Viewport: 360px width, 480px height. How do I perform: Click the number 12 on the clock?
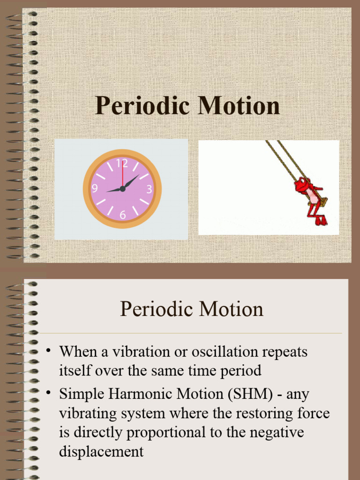pyautogui.click(x=122, y=164)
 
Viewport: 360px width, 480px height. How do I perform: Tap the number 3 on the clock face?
pyautogui.click(x=149, y=189)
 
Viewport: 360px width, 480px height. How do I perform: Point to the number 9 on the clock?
pyautogui.click(x=95, y=188)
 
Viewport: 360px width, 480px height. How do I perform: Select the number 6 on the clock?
pyautogui.click(x=123, y=215)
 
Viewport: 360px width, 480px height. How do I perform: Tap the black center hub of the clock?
pyautogui.click(x=122, y=188)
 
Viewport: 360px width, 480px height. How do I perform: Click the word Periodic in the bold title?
pyautogui.click(x=142, y=105)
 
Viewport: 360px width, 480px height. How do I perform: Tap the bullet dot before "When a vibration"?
pyautogui.click(x=47, y=351)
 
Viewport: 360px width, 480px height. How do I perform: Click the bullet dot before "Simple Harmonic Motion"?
pyautogui.click(x=47, y=393)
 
